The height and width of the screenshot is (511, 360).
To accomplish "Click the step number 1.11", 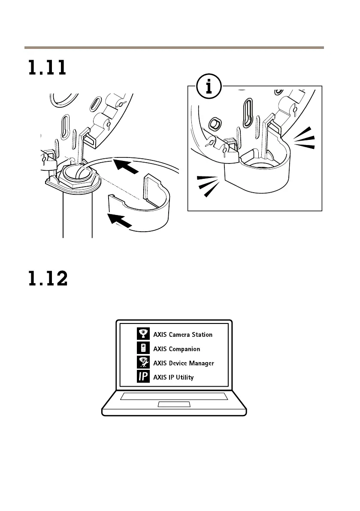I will (47, 68).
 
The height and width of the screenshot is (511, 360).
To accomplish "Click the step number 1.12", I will (48, 279).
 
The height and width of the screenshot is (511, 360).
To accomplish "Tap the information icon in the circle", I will (209, 88).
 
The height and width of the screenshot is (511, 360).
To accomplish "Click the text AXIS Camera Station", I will (183, 335).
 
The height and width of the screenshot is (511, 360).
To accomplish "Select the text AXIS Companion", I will (176, 349).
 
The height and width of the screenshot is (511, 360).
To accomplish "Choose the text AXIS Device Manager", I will (184, 363).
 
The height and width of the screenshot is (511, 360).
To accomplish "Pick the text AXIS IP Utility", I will (173, 378).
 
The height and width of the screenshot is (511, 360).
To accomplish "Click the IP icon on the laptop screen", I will (143, 378).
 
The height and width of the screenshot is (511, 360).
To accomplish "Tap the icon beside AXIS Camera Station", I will (143, 334).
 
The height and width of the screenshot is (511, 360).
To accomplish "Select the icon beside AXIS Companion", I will (143, 349).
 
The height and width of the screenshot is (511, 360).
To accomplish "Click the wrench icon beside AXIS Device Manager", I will (143, 363).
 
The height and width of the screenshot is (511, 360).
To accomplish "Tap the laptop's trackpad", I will (174, 405).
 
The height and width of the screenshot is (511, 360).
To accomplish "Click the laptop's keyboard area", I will (174, 396).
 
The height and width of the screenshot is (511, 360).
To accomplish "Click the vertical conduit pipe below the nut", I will (78, 215).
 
